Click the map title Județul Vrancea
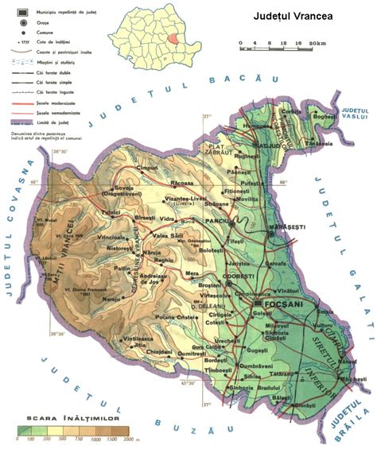coord(293,16)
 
